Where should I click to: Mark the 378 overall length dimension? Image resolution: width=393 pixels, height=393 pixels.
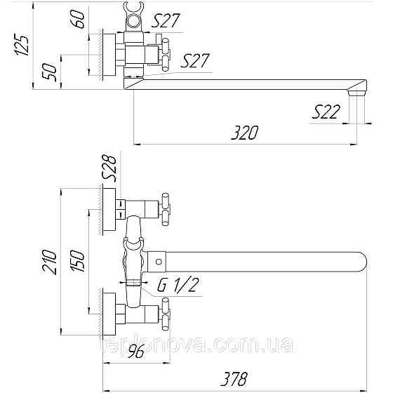pos(234,380)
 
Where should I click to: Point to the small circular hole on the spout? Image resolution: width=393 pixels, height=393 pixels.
pos(158,264)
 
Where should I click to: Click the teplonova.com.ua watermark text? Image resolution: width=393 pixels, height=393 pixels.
pos(196,346)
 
